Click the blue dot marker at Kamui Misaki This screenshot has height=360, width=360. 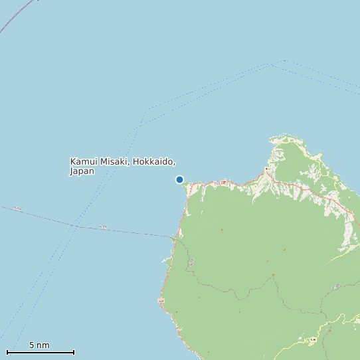coord(179,179)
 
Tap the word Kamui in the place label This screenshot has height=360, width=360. coord(84,161)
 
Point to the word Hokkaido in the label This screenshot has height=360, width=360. coord(155,161)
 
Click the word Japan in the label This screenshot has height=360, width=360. coord(82,171)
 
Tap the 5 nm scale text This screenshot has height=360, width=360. coord(39,345)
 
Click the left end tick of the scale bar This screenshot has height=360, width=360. coord(7,351)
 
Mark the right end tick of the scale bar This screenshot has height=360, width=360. coord(74,351)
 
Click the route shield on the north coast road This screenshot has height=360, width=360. coord(224,181)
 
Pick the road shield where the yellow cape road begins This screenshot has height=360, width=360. coord(267,170)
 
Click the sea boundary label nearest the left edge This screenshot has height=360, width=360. coord(17,209)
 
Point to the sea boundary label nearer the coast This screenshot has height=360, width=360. coord(102,227)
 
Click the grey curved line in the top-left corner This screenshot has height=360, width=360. coord(17,17)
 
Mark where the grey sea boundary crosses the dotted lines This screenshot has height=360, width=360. coord(78,226)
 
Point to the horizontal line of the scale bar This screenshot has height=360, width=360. coord(40,352)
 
